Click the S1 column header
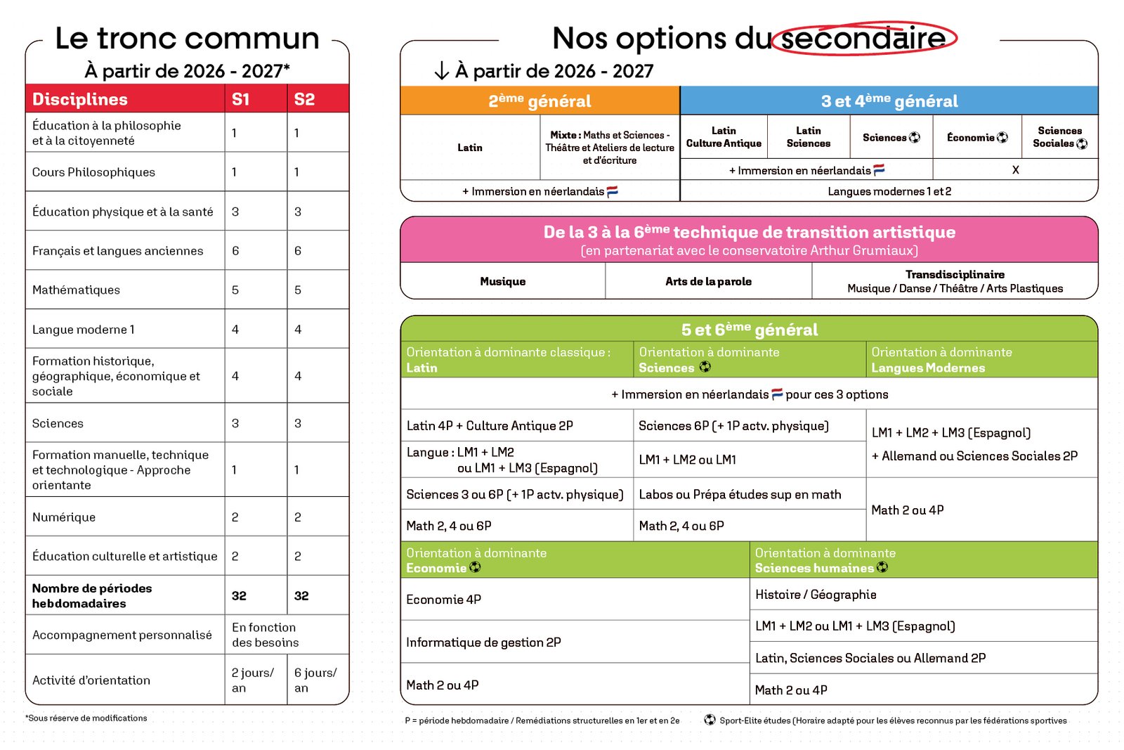(241, 99)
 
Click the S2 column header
(304, 99)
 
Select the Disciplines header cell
(80, 99)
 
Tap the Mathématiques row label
(76, 290)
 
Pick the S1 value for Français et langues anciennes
(236, 251)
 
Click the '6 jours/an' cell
(315, 680)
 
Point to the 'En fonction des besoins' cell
(264, 635)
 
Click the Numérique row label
(64, 517)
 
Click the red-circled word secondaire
(863, 38)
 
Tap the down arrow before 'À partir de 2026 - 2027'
(442, 71)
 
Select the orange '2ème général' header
(540, 101)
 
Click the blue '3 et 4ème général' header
(889, 101)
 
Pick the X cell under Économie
(1015, 170)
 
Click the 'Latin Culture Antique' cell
(724, 137)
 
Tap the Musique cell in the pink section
(503, 281)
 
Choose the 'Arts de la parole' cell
(708, 281)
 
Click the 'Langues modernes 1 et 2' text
(889, 191)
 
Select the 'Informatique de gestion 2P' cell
(483, 642)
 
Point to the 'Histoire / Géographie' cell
(816, 595)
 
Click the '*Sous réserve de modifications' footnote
(86, 718)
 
